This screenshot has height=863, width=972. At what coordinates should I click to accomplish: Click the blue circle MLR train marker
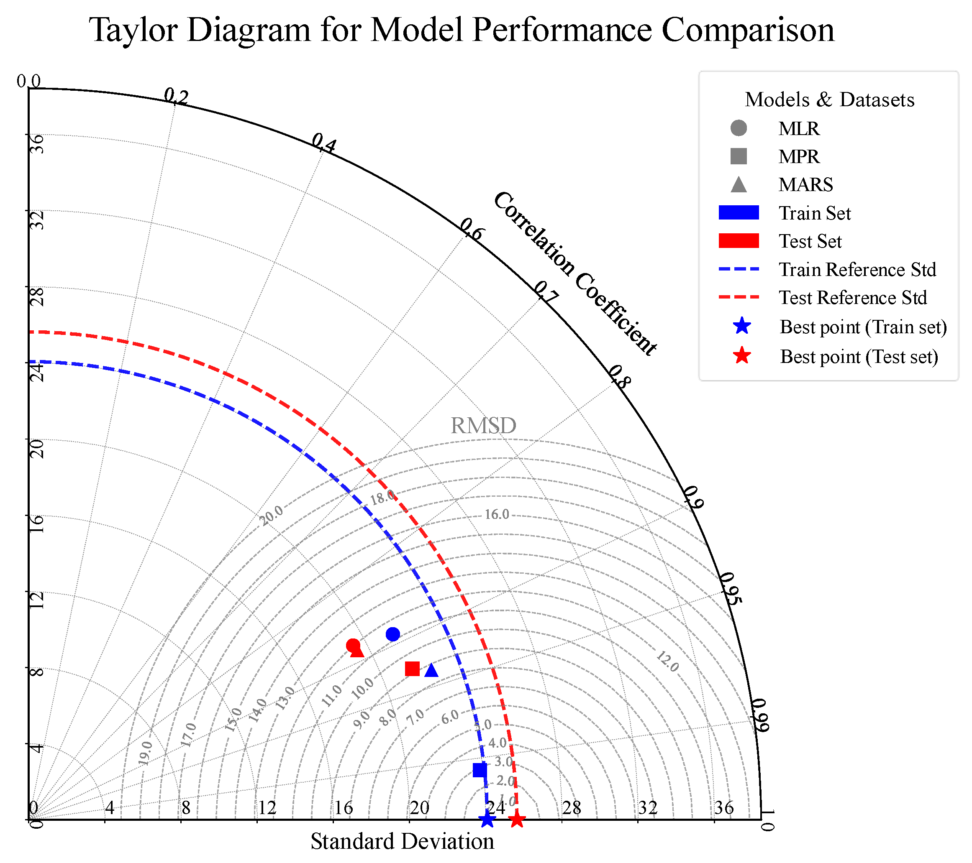pyautogui.click(x=393, y=634)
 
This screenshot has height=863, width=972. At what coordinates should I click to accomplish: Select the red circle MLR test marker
pyautogui.click(x=353, y=645)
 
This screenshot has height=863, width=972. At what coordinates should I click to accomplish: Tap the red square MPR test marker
pyautogui.click(x=412, y=669)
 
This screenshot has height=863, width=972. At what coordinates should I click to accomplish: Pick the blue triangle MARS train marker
pyautogui.click(x=431, y=670)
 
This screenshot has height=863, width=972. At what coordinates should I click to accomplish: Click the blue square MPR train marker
pyautogui.click(x=480, y=770)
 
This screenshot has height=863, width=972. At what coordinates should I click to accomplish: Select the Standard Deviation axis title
pyautogui.click(x=402, y=841)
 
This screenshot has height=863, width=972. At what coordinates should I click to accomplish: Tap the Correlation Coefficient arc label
pyautogui.click(x=575, y=273)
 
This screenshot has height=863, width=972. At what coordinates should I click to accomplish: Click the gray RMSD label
pyautogui.click(x=483, y=425)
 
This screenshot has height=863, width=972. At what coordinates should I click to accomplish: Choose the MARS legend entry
pyautogui.click(x=805, y=184)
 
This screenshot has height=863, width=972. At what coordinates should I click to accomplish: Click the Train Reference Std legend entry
pyautogui.click(x=857, y=269)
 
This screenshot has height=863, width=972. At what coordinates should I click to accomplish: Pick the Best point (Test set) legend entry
pyautogui.click(x=858, y=356)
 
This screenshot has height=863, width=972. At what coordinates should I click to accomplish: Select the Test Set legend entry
pyautogui.click(x=809, y=241)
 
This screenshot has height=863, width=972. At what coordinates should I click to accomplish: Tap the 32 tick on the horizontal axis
pyautogui.click(x=648, y=808)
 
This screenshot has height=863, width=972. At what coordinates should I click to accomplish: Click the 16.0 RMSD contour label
pyautogui.click(x=497, y=514)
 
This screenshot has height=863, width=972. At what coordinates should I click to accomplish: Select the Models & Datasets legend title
pyautogui.click(x=829, y=100)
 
